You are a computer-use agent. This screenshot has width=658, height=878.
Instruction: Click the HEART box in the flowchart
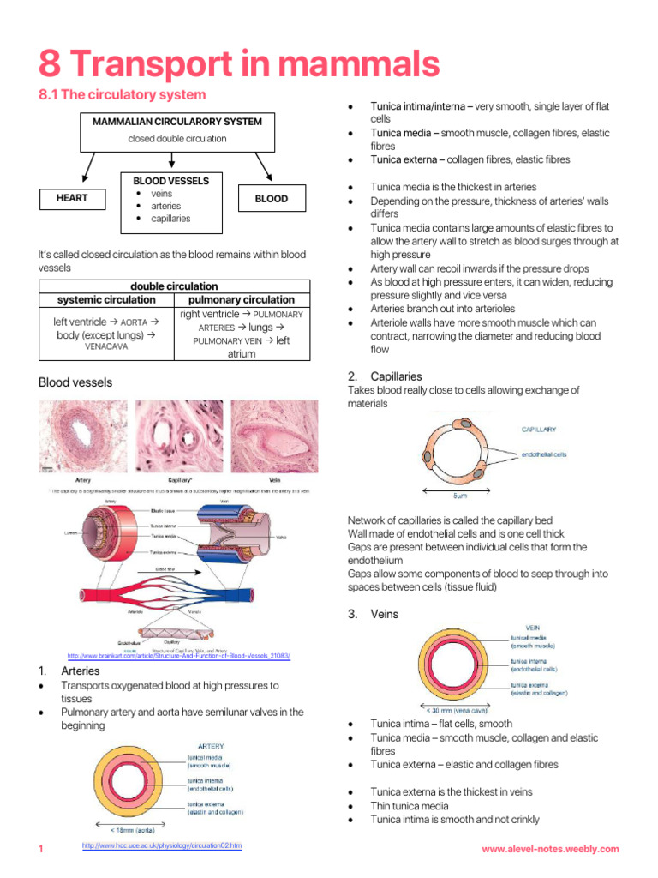72,199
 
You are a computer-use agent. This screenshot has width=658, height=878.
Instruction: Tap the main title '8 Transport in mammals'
239,63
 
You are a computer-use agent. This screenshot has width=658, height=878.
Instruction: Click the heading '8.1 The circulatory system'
123,95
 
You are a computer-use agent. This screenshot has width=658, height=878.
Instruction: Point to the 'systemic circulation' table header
106,300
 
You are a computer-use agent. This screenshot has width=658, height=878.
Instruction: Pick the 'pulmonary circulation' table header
242,300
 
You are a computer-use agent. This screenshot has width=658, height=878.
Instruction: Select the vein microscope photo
274,437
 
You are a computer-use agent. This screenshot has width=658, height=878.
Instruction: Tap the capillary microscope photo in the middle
177,437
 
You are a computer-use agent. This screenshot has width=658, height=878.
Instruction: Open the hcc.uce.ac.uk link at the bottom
162,846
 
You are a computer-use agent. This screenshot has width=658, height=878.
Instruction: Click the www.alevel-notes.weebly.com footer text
549,849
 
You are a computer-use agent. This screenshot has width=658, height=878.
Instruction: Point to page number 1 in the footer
41,849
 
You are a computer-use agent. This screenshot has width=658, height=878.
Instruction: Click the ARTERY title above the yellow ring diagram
211,746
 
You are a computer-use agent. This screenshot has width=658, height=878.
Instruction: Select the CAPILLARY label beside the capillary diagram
539,429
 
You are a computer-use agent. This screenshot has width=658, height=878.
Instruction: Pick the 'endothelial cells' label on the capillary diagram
544,454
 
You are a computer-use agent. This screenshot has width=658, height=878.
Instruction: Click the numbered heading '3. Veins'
373,614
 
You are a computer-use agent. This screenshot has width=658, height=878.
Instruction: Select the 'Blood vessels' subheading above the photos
75,382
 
